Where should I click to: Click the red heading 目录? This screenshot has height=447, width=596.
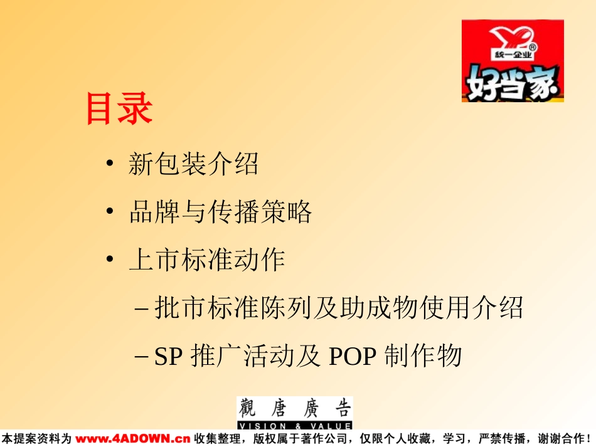click(120, 108)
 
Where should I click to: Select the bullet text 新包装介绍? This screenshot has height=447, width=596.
click(193, 164)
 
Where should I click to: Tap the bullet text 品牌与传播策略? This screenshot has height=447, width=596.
click(220, 211)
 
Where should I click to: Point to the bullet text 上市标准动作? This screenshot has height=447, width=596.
click(207, 260)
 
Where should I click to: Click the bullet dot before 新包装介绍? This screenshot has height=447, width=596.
click(110, 163)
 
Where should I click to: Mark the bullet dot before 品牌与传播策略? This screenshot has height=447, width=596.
click(110, 211)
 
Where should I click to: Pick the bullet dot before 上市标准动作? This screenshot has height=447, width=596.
click(110, 259)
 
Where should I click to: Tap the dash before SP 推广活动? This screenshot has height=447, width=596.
click(141, 357)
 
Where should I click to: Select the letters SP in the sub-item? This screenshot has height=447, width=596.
click(168, 356)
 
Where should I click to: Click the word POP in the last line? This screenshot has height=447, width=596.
click(353, 356)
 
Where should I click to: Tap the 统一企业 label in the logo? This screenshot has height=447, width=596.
click(513, 55)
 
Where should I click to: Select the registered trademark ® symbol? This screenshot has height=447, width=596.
click(533, 47)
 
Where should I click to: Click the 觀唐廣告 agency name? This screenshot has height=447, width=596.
click(295, 409)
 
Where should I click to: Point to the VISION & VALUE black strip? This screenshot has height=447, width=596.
click(295, 425)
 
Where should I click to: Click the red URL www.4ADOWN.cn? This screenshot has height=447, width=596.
click(132, 439)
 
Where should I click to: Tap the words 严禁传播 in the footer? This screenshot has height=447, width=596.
click(502, 439)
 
